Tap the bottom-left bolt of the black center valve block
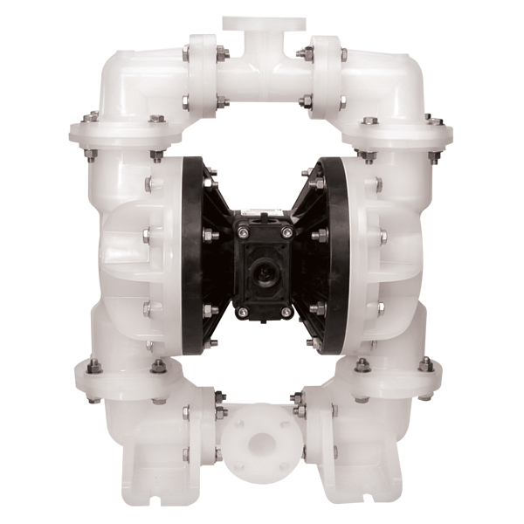click(241, 310)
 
